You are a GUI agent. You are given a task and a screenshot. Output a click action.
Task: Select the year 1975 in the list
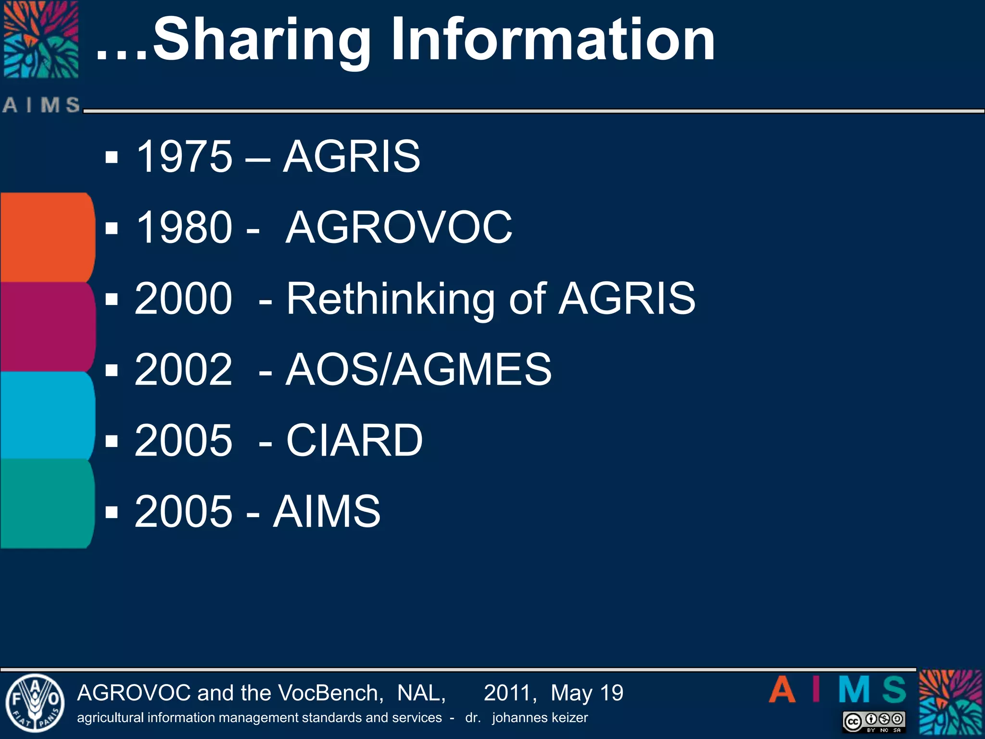[x=184, y=156]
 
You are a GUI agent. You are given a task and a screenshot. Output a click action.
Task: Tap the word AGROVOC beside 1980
[x=399, y=228]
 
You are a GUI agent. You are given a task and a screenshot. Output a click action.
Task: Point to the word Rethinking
[x=390, y=300]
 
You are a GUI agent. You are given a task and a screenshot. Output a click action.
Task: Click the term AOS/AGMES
[x=418, y=369]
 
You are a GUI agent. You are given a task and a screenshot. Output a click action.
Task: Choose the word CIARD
[x=354, y=440]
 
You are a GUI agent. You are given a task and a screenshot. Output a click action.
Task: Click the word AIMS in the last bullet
[x=327, y=511]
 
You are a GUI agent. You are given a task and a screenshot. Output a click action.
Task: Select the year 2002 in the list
[x=183, y=369]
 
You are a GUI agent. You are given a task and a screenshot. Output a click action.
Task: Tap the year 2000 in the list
[x=183, y=299]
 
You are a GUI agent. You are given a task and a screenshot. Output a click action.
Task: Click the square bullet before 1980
[x=112, y=228]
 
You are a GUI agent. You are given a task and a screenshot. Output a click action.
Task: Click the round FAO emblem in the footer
[x=35, y=703]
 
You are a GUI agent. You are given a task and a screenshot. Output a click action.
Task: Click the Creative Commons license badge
[x=874, y=722]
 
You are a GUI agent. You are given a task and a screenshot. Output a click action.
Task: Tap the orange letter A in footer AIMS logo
[x=782, y=690]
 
